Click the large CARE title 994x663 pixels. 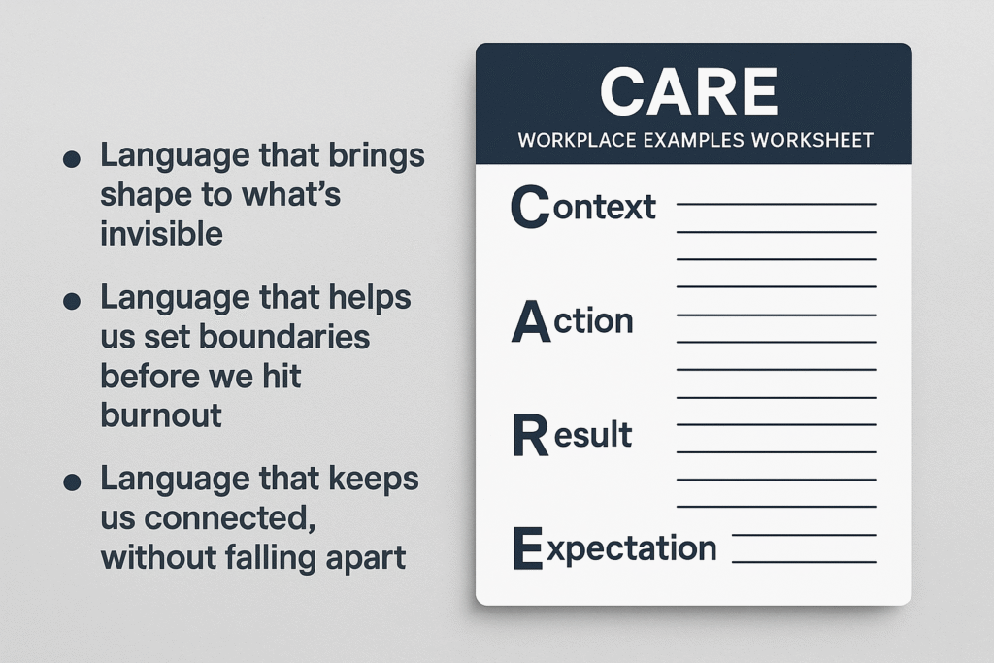pyautogui.click(x=689, y=92)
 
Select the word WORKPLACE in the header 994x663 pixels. pyautogui.click(x=577, y=140)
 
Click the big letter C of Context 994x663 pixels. pyautogui.click(x=530, y=207)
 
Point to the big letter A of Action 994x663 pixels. pyautogui.click(x=531, y=321)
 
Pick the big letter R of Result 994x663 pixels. pyautogui.click(x=530, y=435)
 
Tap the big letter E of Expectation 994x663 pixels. pyautogui.click(x=527, y=548)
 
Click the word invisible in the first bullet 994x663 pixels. pyautogui.click(x=162, y=234)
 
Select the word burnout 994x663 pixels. pyautogui.click(x=161, y=415)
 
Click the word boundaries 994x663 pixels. pyautogui.click(x=284, y=337)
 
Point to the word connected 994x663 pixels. pyautogui.click(x=230, y=518)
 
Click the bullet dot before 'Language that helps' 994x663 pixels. pyautogui.click(x=72, y=301)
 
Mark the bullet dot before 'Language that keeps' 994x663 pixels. pyautogui.click(x=72, y=481)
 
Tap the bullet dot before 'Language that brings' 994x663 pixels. pyautogui.click(x=72, y=158)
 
